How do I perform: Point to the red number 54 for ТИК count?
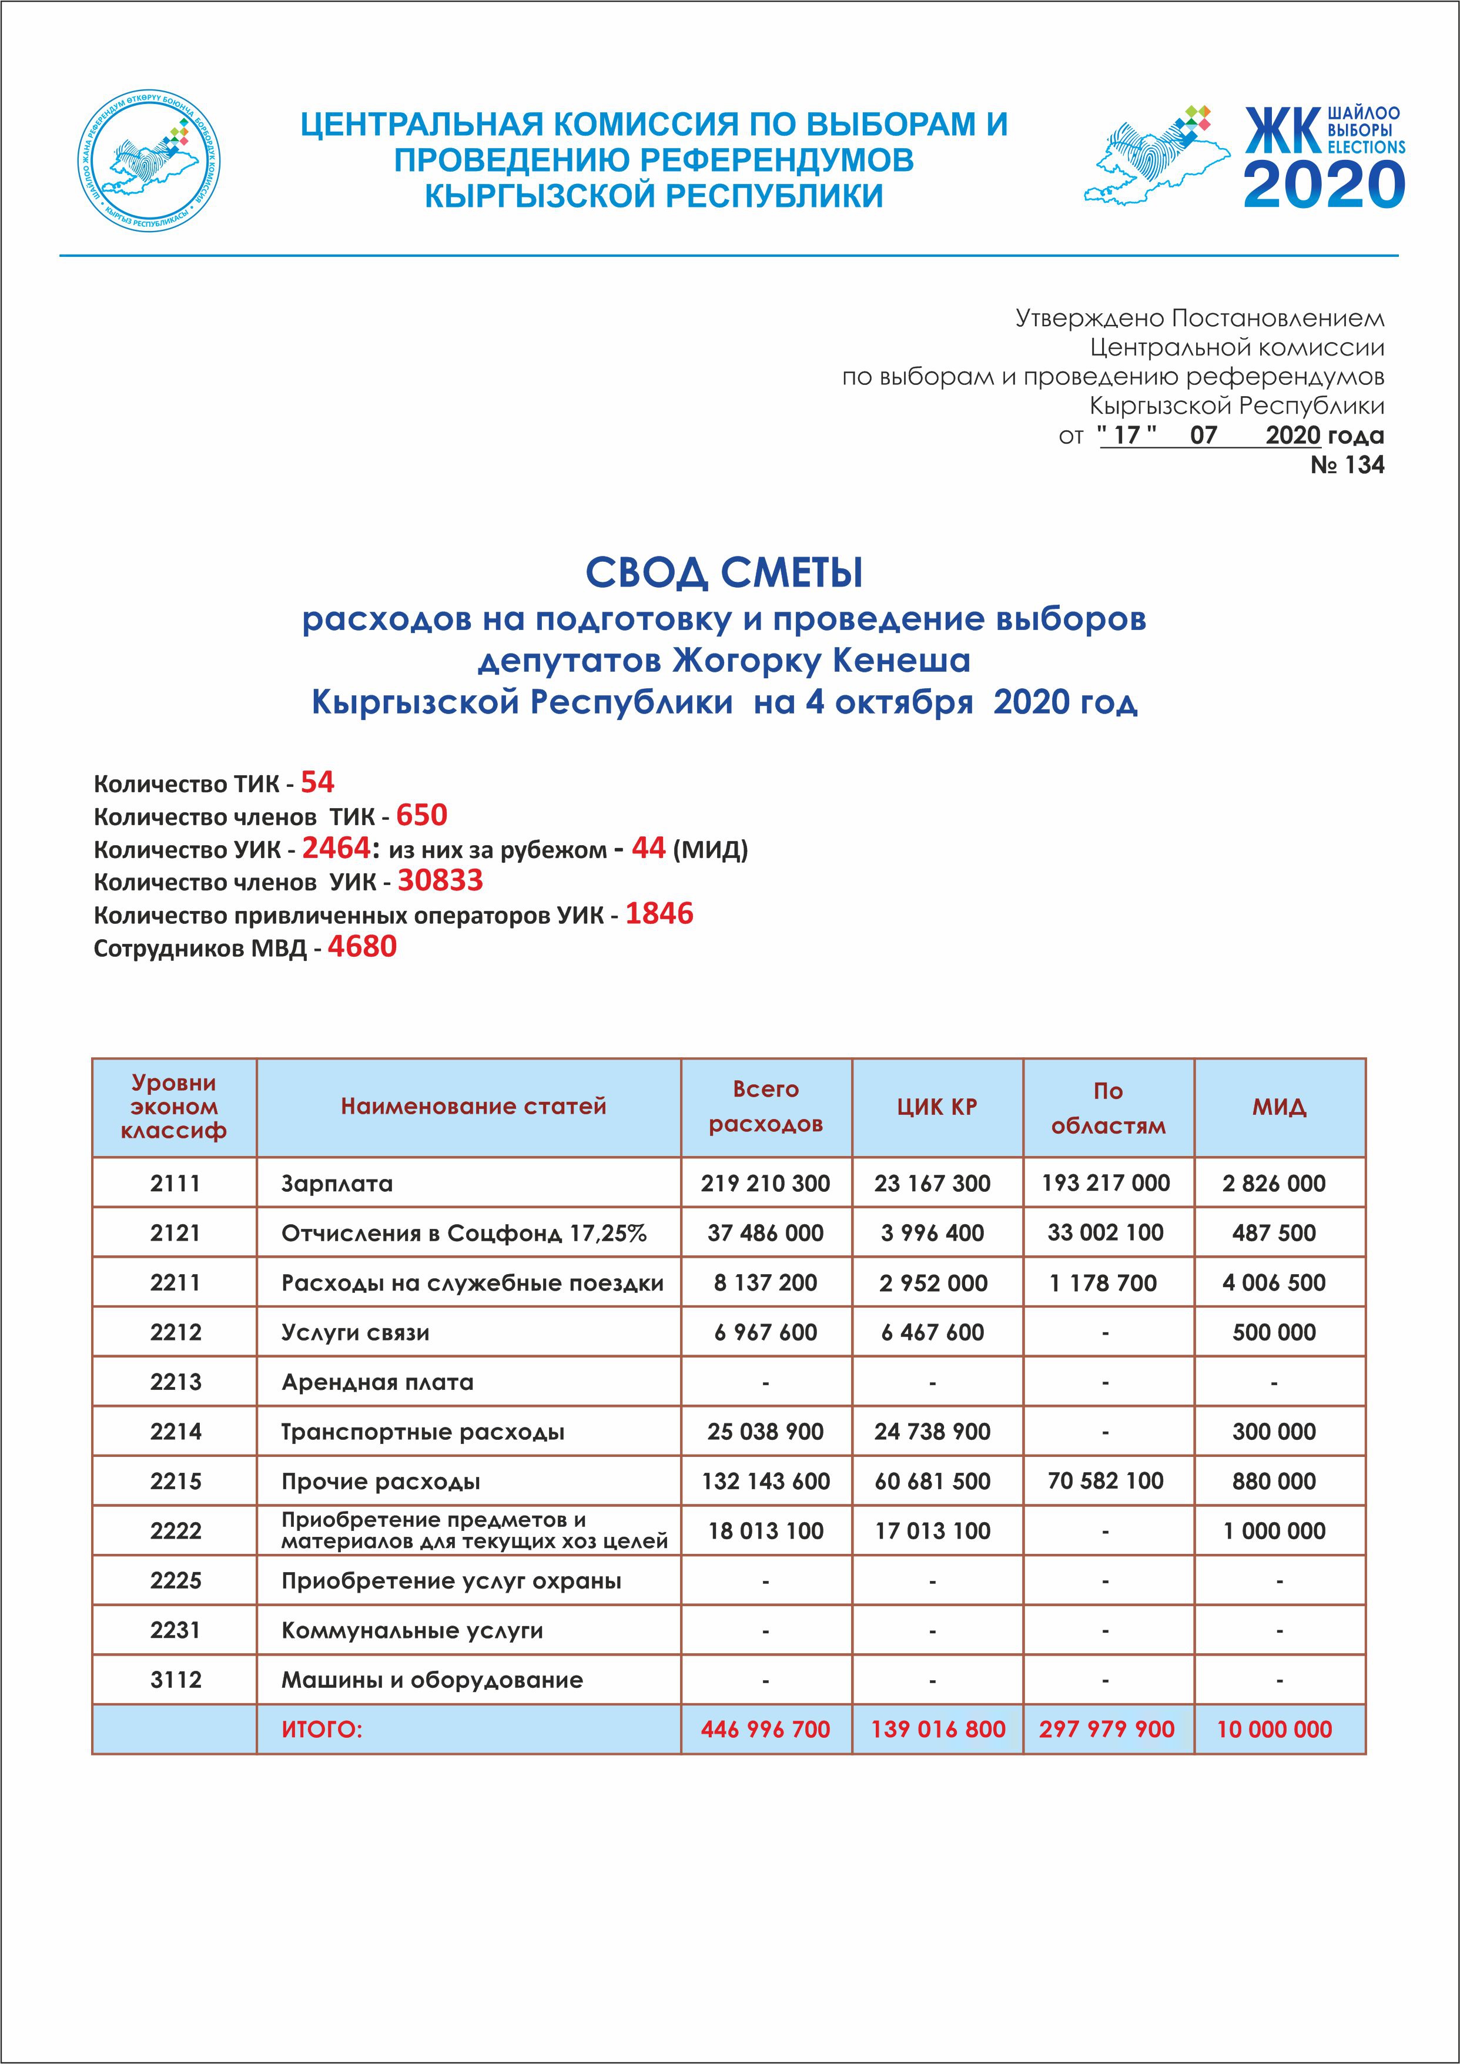(x=317, y=782)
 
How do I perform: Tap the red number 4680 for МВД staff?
(x=361, y=947)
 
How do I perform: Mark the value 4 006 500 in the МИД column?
(x=1273, y=1283)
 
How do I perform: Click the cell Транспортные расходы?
(x=423, y=1432)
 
